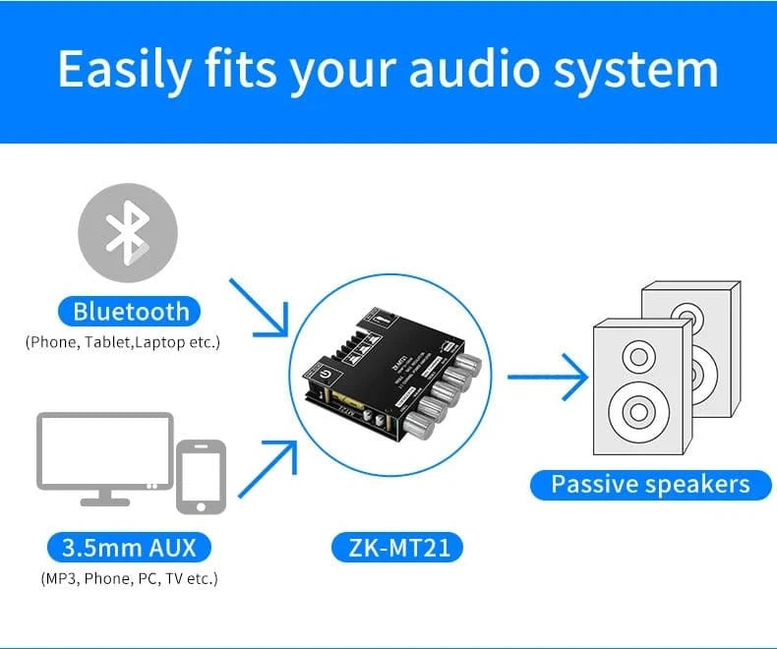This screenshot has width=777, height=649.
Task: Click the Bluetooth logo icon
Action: (x=128, y=233)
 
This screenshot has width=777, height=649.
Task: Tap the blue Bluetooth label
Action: (x=131, y=312)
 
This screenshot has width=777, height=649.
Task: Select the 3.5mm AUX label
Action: (x=128, y=547)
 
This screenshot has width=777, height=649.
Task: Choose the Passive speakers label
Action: (x=650, y=484)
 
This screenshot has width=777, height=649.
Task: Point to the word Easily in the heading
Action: (x=125, y=70)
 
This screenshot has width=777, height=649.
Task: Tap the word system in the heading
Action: (x=647, y=70)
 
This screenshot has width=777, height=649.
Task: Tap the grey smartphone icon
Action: (x=201, y=477)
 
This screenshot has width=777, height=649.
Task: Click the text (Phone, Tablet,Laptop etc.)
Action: (x=123, y=342)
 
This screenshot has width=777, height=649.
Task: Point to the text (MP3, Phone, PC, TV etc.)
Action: (x=129, y=578)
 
